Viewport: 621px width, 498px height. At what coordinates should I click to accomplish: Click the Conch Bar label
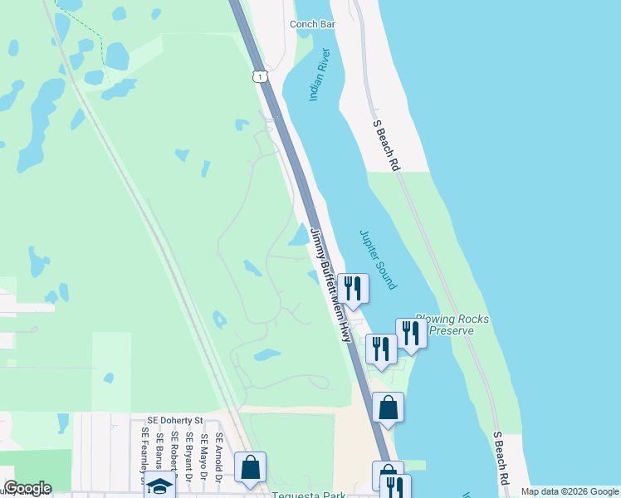[x=312, y=24]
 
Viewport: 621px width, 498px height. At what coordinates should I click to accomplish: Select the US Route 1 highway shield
[x=261, y=76]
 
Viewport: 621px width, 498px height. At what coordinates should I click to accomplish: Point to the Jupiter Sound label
[x=379, y=259]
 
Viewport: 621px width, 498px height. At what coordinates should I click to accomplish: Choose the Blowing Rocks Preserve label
[x=452, y=325]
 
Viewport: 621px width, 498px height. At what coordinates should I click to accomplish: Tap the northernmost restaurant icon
[x=353, y=288]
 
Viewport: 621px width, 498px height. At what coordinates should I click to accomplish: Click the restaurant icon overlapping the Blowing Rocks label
[x=411, y=332]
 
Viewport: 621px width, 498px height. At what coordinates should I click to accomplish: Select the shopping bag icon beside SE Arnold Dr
[x=250, y=466]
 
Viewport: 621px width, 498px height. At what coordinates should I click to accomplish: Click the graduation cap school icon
[x=159, y=486]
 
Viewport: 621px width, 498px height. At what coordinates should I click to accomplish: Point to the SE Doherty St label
[x=175, y=422]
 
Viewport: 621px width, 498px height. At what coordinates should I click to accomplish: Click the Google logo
[x=27, y=488]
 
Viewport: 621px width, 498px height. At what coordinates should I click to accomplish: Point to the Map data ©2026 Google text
[x=570, y=491]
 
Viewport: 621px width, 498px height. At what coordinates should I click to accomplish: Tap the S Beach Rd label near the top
[x=386, y=145]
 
